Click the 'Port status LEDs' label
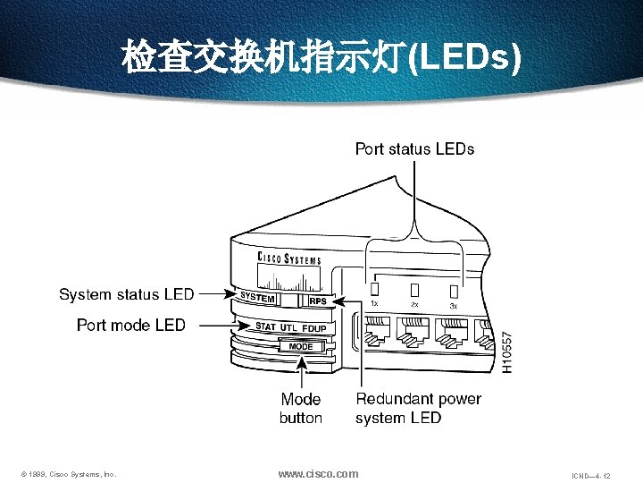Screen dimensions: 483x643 coord(414,148)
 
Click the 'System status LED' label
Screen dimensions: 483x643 coord(126,294)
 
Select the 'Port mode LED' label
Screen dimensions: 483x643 coord(131,325)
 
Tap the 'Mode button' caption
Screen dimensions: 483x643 coord(301,408)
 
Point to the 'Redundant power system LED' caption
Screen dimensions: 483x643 coord(418,408)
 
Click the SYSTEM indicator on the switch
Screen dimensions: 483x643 coord(257,298)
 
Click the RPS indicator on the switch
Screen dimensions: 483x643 coord(317,301)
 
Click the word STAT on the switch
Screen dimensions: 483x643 coord(265,326)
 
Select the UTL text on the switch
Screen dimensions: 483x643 coord(288,327)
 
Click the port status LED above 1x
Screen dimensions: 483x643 coord(375,289)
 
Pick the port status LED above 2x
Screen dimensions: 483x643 coord(414,290)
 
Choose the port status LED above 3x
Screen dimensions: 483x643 coord(454,291)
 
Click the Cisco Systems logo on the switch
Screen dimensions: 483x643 coord(288,259)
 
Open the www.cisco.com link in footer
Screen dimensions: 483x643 coord(318,473)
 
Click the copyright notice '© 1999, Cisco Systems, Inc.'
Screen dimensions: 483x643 coord(69,474)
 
